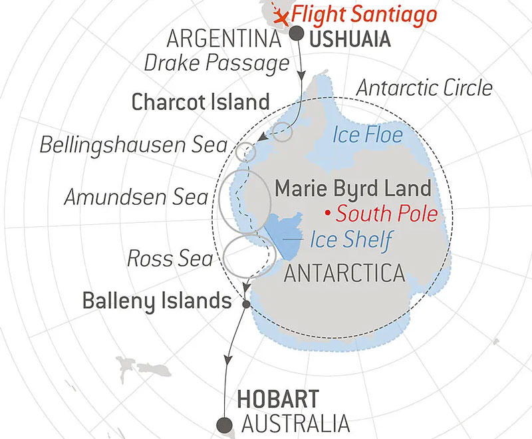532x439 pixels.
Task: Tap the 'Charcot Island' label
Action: click(x=200, y=102)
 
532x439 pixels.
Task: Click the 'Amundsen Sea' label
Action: click(x=137, y=196)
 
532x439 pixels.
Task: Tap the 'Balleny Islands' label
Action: click(x=156, y=301)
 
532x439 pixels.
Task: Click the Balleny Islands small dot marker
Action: click(x=247, y=304)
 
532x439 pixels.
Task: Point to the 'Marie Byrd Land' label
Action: click(x=353, y=188)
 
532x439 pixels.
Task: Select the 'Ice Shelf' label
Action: click(x=350, y=239)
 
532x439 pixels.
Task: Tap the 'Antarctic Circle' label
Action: click(x=424, y=87)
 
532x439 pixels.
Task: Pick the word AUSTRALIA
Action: click(x=295, y=423)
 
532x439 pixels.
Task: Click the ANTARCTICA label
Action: click(x=344, y=273)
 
